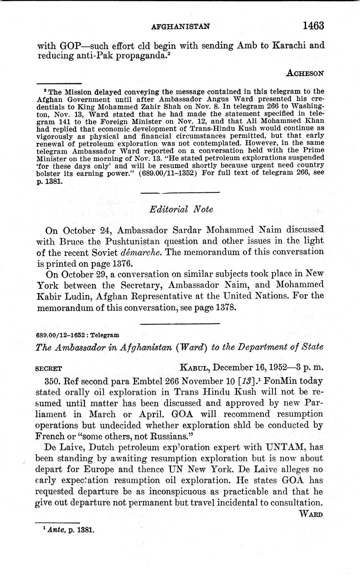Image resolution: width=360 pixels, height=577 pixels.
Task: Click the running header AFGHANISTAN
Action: tap(180, 26)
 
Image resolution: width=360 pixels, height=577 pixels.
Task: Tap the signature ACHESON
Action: tap(305, 73)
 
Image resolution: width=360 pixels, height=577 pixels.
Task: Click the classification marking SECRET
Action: tap(49, 368)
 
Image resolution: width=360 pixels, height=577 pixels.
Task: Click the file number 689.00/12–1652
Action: tap(60, 335)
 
